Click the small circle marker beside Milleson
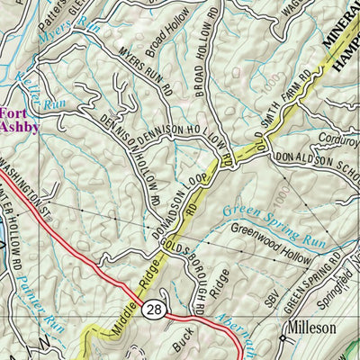coord(282,339)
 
